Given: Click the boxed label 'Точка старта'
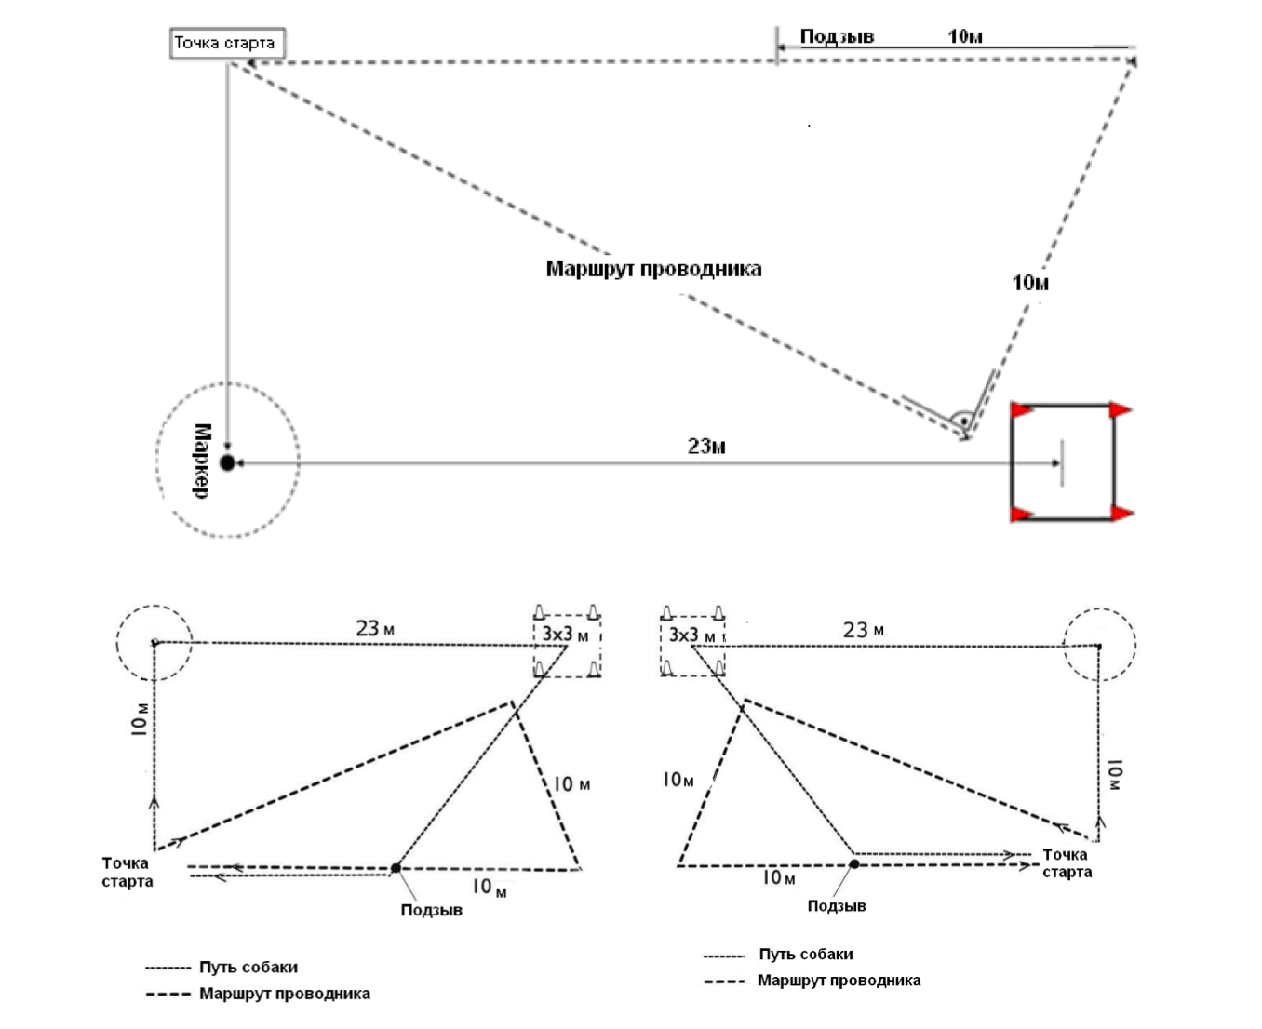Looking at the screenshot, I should (x=225, y=43).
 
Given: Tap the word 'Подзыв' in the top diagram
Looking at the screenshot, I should (x=837, y=36).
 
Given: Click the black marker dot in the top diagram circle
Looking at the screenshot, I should (x=227, y=462).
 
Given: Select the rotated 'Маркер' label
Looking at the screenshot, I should (x=202, y=461).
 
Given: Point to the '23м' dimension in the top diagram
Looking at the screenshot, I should (x=706, y=447).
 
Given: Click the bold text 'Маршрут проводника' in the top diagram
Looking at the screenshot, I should (x=653, y=269).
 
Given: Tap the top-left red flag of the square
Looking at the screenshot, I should (x=1022, y=409).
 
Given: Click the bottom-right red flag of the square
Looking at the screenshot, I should (x=1121, y=513).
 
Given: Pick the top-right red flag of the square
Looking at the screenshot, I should (x=1121, y=409).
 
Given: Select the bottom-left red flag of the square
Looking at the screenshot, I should (x=1022, y=513).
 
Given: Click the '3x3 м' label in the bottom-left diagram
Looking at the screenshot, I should (x=565, y=635).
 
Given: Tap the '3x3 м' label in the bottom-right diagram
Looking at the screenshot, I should (x=692, y=635).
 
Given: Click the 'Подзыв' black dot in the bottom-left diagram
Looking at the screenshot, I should (x=396, y=868).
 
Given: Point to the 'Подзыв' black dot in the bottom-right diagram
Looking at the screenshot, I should (x=854, y=864).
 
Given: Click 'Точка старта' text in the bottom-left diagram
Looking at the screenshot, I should (x=127, y=872).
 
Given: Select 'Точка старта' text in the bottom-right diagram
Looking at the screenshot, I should (x=1067, y=862).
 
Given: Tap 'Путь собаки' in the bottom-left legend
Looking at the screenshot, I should (x=248, y=968).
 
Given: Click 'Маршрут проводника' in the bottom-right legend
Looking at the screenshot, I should (x=839, y=981).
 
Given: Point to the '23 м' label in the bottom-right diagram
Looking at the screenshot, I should (x=864, y=630).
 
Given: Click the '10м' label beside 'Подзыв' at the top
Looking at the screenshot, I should (x=965, y=36).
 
